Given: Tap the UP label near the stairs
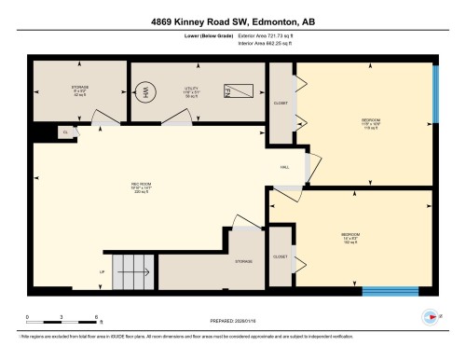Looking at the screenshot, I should pos(102,272).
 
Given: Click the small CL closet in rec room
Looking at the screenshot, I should pos(65,132).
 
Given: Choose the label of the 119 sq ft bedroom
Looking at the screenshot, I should pos(372,123).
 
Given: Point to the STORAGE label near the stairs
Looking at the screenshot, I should pos(244,262).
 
